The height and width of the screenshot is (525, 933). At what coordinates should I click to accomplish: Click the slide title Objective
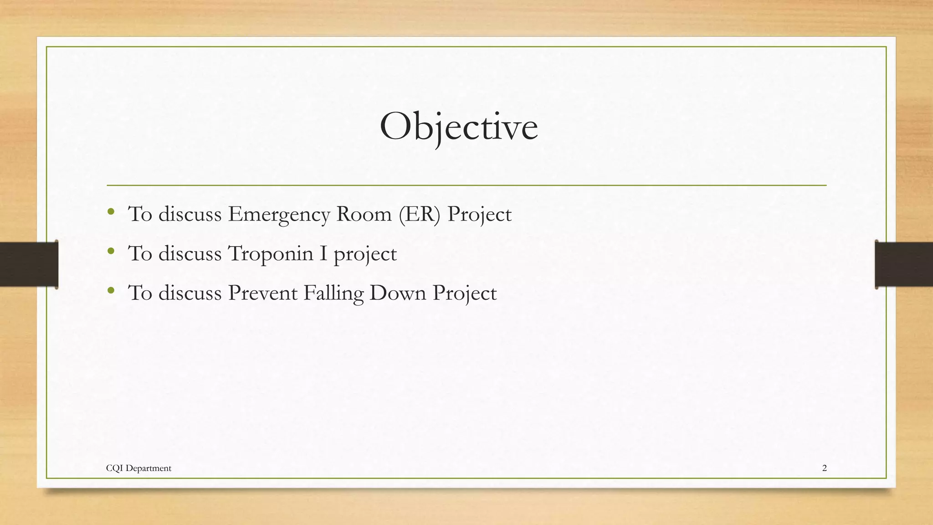pyautogui.click(x=459, y=127)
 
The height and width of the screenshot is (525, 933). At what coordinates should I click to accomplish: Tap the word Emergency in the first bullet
pyautogui.click(x=279, y=214)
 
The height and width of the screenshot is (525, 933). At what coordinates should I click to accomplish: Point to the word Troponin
pyautogui.click(x=270, y=253)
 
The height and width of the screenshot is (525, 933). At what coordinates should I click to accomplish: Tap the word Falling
pyautogui.click(x=333, y=293)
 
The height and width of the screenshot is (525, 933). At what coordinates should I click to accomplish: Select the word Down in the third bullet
pyautogui.click(x=398, y=293)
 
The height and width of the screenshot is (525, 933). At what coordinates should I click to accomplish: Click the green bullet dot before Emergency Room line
pyautogui.click(x=111, y=211)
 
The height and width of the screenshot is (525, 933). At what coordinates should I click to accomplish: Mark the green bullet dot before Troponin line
pyautogui.click(x=111, y=251)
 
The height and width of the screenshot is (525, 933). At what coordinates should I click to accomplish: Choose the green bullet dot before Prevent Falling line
pyautogui.click(x=111, y=290)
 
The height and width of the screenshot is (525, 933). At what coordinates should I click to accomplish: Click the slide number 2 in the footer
pyautogui.click(x=824, y=468)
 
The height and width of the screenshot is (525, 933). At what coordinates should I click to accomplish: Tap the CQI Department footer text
pyautogui.click(x=138, y=468)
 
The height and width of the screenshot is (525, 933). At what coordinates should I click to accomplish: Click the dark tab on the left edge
pyautogui.click(x=29, y=264)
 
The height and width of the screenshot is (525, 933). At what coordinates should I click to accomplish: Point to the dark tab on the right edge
pyautogui.click(x=904, y=264)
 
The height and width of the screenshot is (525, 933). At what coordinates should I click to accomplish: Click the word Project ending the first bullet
pyautogui.click(x=479, y=214)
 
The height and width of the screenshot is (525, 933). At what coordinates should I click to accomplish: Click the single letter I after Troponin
pyautogui.click(x=323, y=253)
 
